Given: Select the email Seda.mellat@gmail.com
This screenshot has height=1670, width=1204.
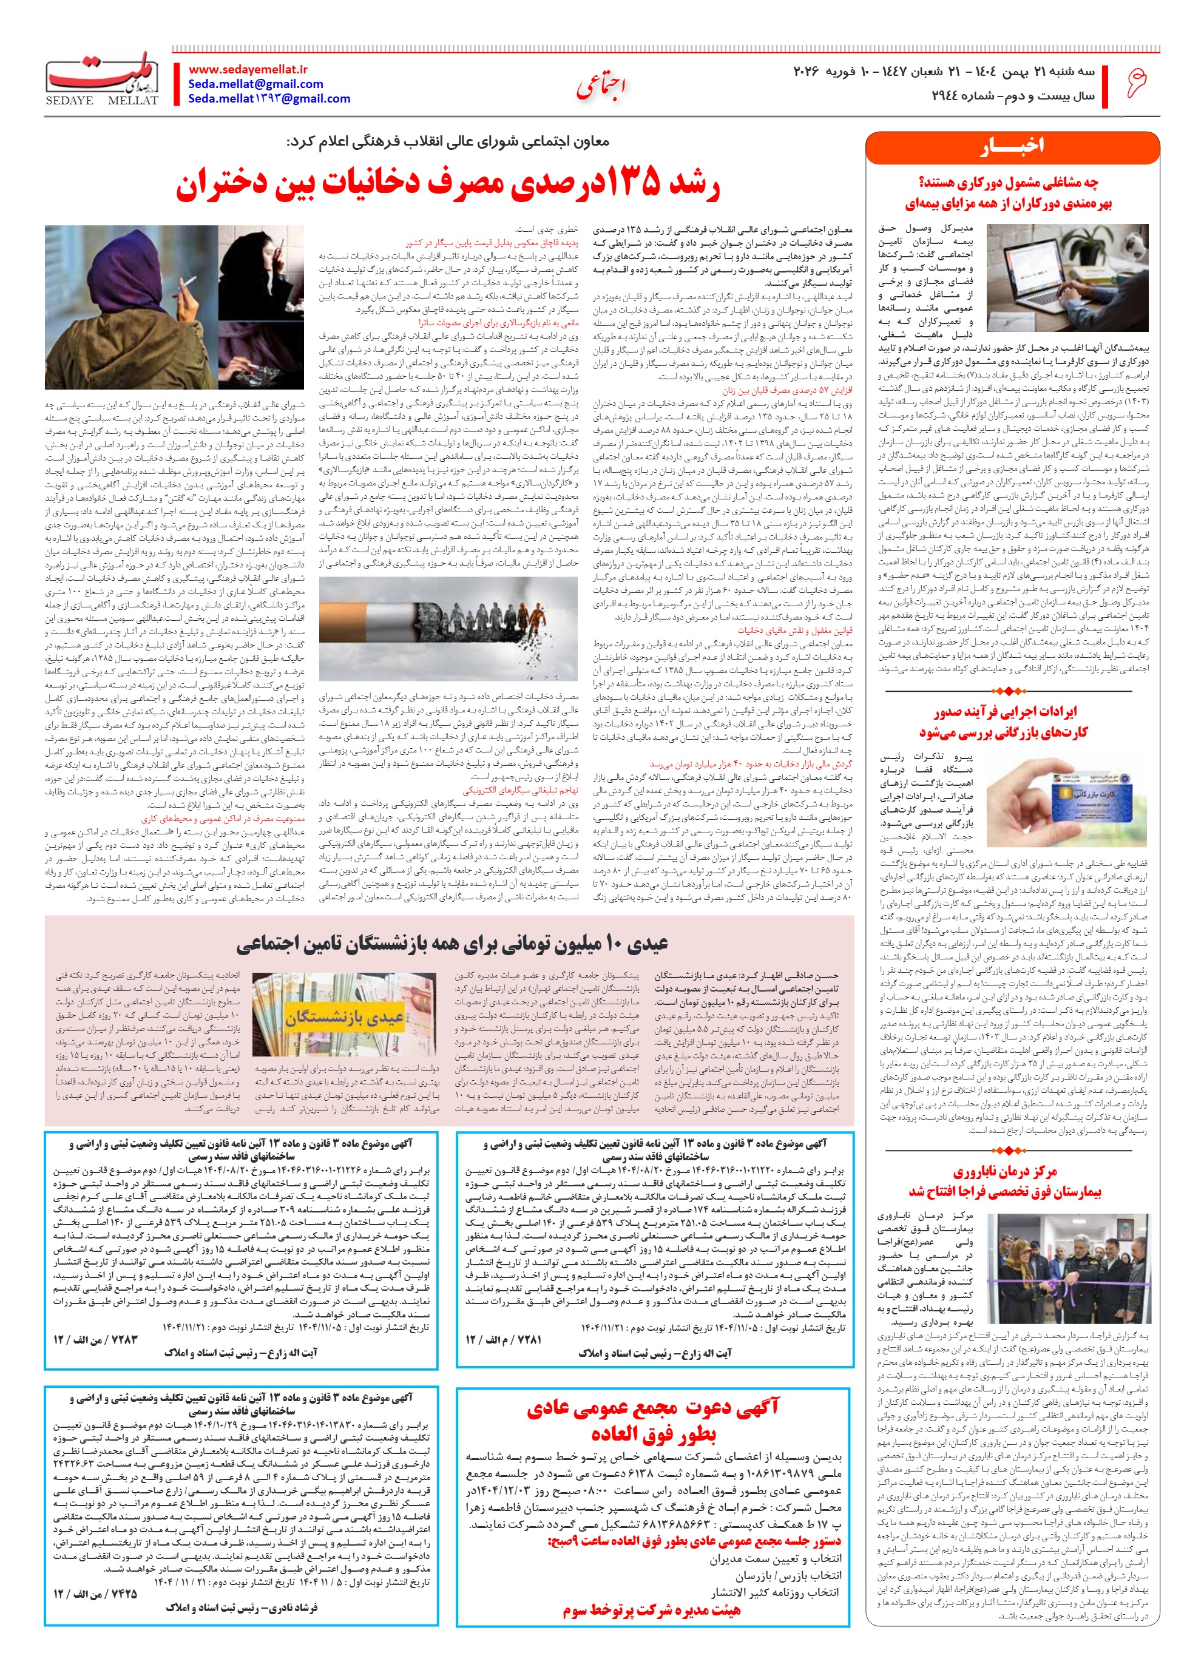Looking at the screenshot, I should [255, 84].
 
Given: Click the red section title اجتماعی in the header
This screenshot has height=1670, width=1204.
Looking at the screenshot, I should [601, 86].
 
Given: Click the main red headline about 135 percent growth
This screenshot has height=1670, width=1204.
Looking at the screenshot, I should [448, 186].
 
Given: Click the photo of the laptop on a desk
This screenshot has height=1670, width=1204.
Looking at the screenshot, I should [1066, 277].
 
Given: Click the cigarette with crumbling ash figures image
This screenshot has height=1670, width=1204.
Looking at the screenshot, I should [448, 627].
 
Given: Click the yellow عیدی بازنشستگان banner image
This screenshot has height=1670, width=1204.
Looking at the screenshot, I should [345, 1018].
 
